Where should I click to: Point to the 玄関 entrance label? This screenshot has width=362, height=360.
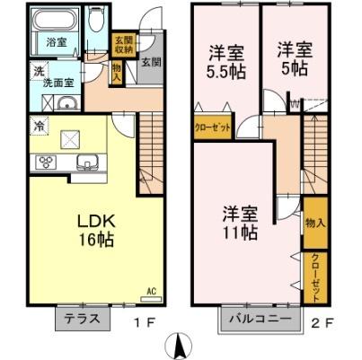point(150,63)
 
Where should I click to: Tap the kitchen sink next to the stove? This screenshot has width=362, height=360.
point(87,162)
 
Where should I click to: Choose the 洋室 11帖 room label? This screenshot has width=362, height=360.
point(242,223)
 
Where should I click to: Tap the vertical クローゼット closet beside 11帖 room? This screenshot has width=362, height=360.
point(316,277)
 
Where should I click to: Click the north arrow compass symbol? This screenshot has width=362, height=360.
point(180,344)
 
